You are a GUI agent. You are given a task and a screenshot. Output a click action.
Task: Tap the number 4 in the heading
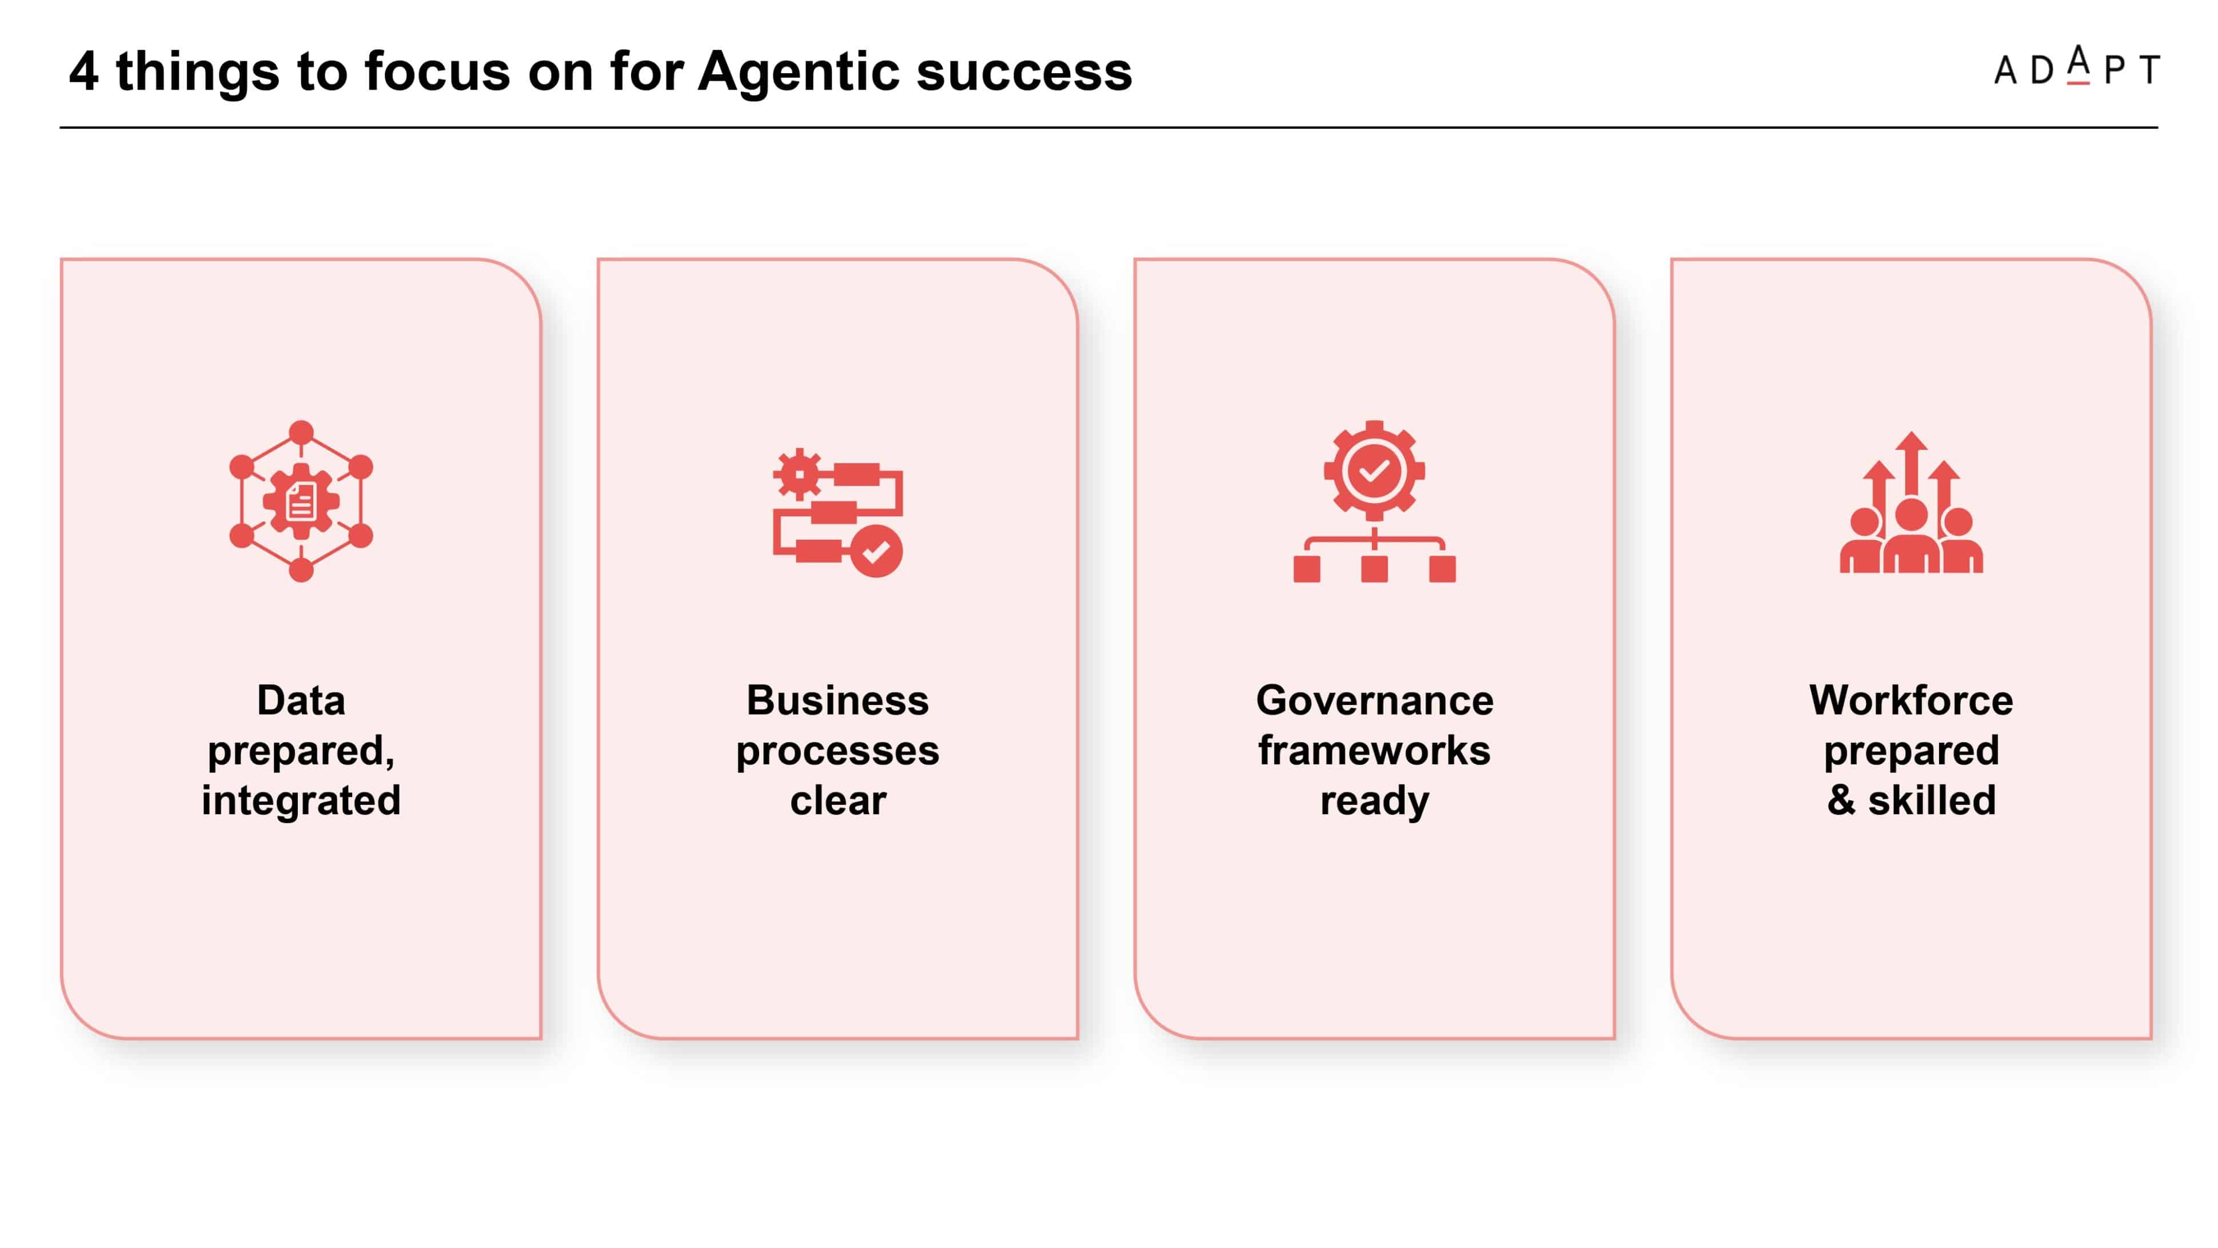(x=83, y=71)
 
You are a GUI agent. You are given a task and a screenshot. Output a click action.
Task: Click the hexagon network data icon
(x=301, y=501)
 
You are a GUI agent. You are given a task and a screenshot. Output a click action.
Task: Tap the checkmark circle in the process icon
(x=876, y=551)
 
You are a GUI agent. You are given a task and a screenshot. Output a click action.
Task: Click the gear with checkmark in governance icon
(x=1374, y=471)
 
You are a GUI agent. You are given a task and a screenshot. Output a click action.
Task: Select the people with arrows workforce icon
(x=1912, y=502)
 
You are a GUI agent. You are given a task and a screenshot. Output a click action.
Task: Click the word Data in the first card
(x=301, y=700)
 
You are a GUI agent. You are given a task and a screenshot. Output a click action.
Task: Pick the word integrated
(x=301, y=801)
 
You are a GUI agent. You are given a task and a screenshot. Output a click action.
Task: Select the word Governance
(x=1375, y=700)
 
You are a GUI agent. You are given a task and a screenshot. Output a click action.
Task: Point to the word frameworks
(x=1375, y=750)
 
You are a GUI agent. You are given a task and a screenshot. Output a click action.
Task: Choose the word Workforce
(x=1912, y=700)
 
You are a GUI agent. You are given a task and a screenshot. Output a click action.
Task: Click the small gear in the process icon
(x=798, y=474)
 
